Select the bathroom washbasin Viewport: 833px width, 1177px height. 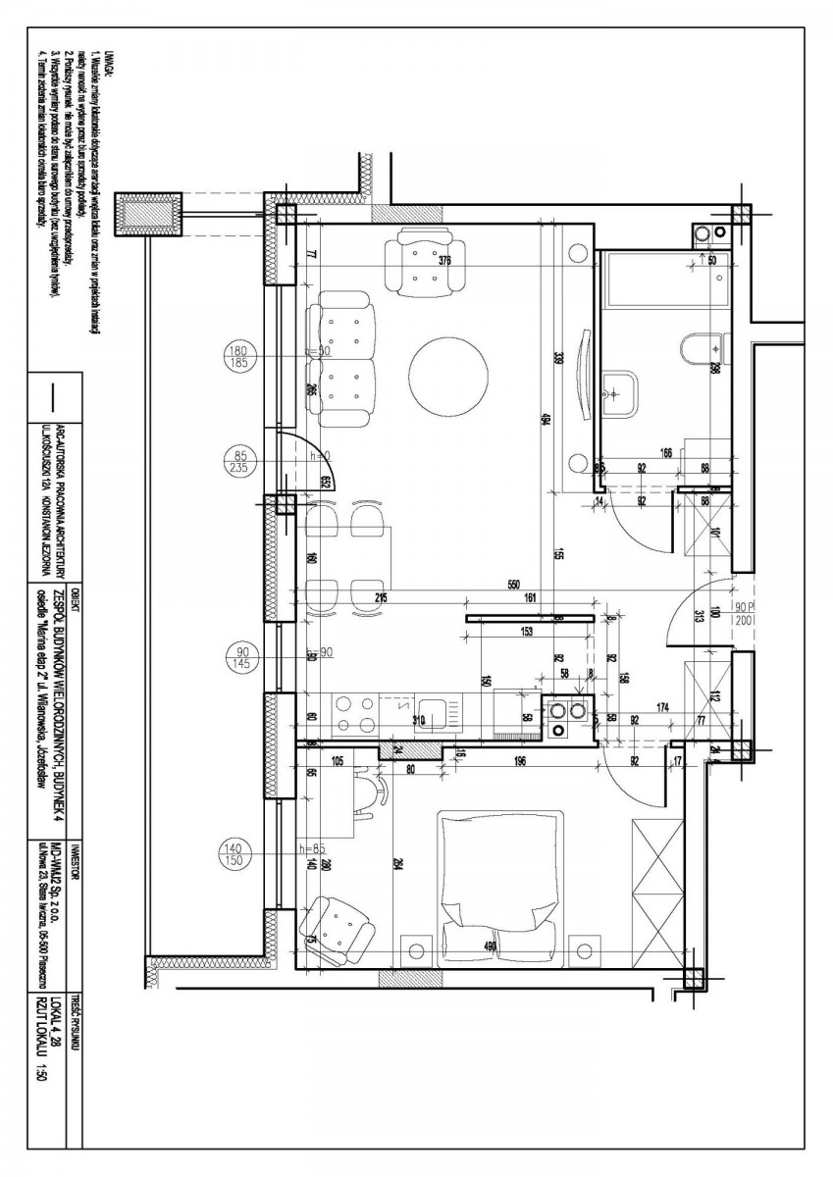pyautogui.click(x=619, y=393)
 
